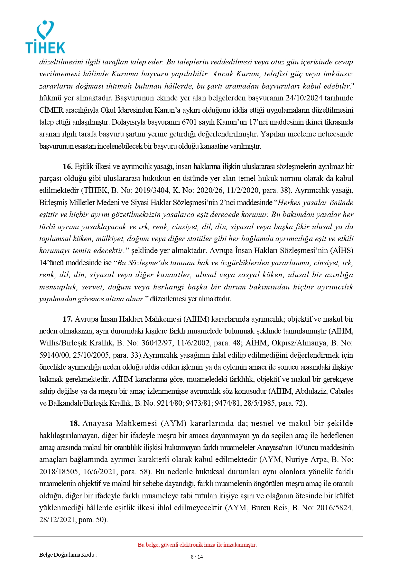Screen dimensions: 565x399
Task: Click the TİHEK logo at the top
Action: pyautogui.click(x=45, y=37)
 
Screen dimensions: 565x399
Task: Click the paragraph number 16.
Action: pyautogui.click(x=68, y=166)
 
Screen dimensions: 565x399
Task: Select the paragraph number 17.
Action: pyautogui.click(x=68, y=319)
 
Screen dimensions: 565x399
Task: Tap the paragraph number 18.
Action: pyautogui.click(x=75, y=423)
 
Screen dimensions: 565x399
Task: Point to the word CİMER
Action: pyautogui.click(x=51, y=110)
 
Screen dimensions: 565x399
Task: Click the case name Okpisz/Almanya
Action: pyautogui.click(x=299, y=343)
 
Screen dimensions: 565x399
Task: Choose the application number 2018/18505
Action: pyautogui.click(x=59, y=472)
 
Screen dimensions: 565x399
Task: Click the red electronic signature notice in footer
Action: pyautogui.click(x=197, y=545)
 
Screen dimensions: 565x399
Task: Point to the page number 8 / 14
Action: pyautogui.click(x=197, y=557)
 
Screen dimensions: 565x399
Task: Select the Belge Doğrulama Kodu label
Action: pyautogui.click(x=68, y=554)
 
